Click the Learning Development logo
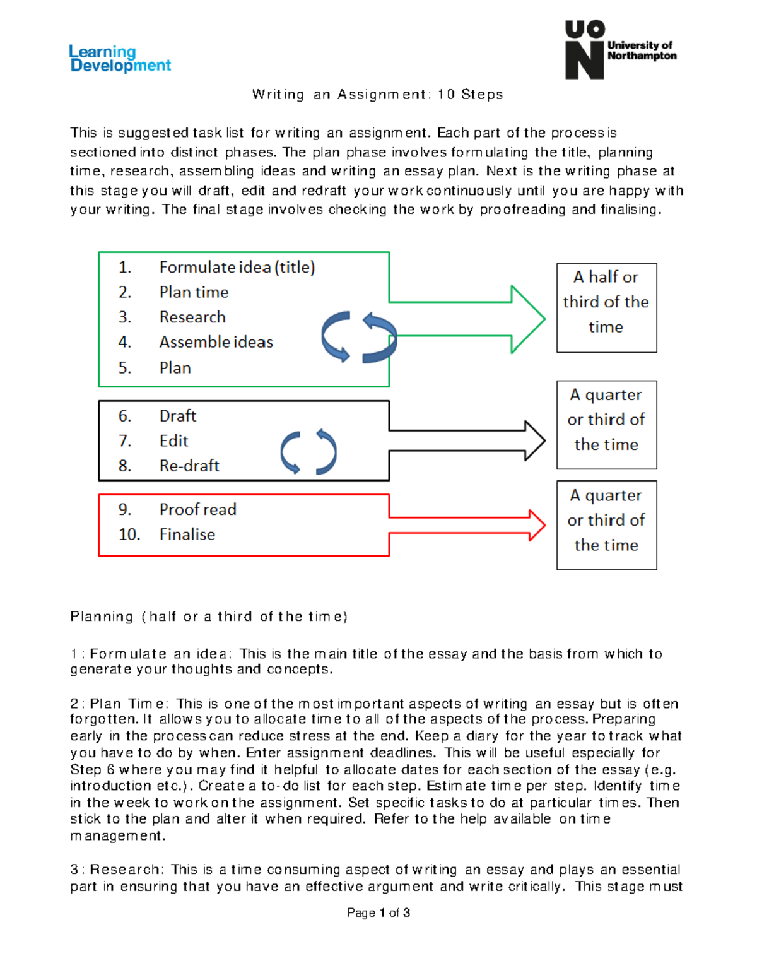120,59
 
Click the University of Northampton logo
619,50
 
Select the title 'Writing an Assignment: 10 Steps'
377,95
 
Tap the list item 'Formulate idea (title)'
237,268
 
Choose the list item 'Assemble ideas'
216,342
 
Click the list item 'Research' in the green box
192,317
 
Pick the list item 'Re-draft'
189,466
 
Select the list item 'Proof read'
197,509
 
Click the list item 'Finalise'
187,534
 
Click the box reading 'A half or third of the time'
606,307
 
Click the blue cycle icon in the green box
359,338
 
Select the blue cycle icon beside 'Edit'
308,452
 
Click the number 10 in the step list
129,534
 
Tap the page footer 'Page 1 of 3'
378,912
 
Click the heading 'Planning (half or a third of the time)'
209,617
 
